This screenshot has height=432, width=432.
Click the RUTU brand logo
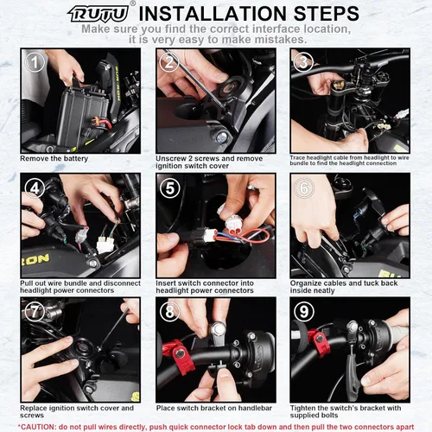pos(98,14)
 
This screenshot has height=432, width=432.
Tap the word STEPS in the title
pos(327,13)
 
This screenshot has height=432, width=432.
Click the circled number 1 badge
pos(35,62)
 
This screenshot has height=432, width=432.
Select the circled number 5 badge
pos(169,188)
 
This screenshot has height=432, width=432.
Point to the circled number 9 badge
pos(304,312)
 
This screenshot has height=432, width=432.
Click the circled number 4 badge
pos(35,188)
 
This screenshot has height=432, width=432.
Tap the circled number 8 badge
pos(169,312)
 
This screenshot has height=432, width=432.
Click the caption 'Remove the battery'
pos(54,158)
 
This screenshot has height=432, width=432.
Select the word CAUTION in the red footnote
pos(37,427)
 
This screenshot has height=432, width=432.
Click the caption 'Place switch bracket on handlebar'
pos(214,408)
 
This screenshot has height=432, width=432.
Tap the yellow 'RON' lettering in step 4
pos(35,260)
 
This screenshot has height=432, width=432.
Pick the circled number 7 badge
pos(35,312)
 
